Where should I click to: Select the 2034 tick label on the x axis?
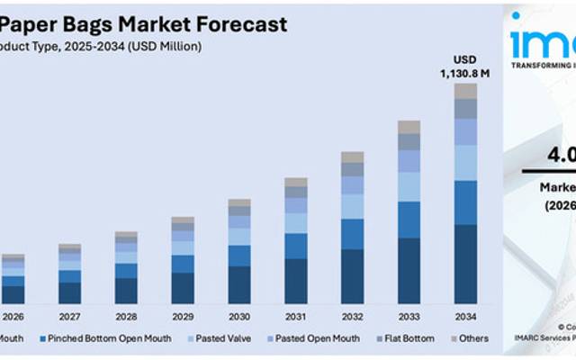[464, 317]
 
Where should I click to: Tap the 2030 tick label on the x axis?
[239, 317]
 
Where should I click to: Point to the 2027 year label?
[69, 317]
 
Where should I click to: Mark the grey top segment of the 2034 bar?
[465, 91]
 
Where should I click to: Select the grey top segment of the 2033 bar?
[409, 127]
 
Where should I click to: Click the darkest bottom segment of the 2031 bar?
[296, 281]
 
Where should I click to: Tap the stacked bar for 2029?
[183, 260]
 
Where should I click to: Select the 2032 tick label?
[352, 317]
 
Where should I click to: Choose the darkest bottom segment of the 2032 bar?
[353, 276]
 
